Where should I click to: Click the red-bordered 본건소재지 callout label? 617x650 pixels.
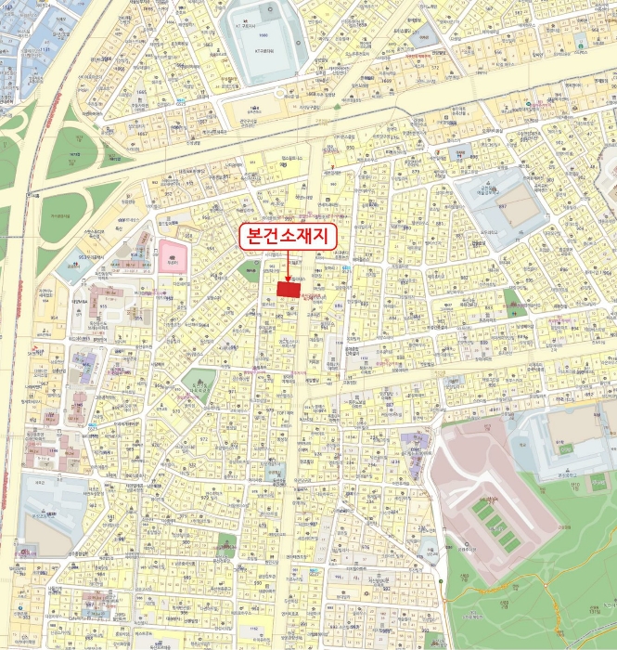click(x=286, y=236)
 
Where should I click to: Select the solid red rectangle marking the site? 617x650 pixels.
click(x=289, y=289)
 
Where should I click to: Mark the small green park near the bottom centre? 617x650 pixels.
click(x=226, y=545)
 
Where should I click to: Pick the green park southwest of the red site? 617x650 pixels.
click(x=201, y=381)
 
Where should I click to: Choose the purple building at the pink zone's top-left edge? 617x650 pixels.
click(x=417, y=444)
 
